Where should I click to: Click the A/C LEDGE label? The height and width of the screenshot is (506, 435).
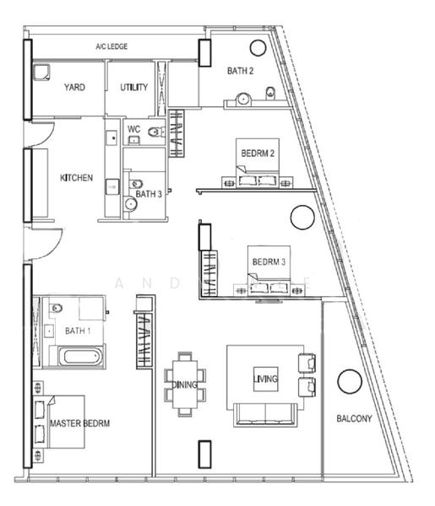click(x=111, y=46)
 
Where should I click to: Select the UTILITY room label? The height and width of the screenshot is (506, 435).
click(x=133, y=87)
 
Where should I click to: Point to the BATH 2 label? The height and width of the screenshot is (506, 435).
click(x=240, y=71)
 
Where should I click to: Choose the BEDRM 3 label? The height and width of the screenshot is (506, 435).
click(x=268, y=261)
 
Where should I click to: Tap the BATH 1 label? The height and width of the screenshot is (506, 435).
click(x=78, y=330)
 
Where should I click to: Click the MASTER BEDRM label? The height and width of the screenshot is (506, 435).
click(x=81, y=423)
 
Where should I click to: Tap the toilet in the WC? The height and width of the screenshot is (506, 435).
click(x=153, y=132)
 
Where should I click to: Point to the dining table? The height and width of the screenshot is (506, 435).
click(x=184, y=385)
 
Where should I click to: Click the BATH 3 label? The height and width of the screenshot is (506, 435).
click(x=148, y=194)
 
